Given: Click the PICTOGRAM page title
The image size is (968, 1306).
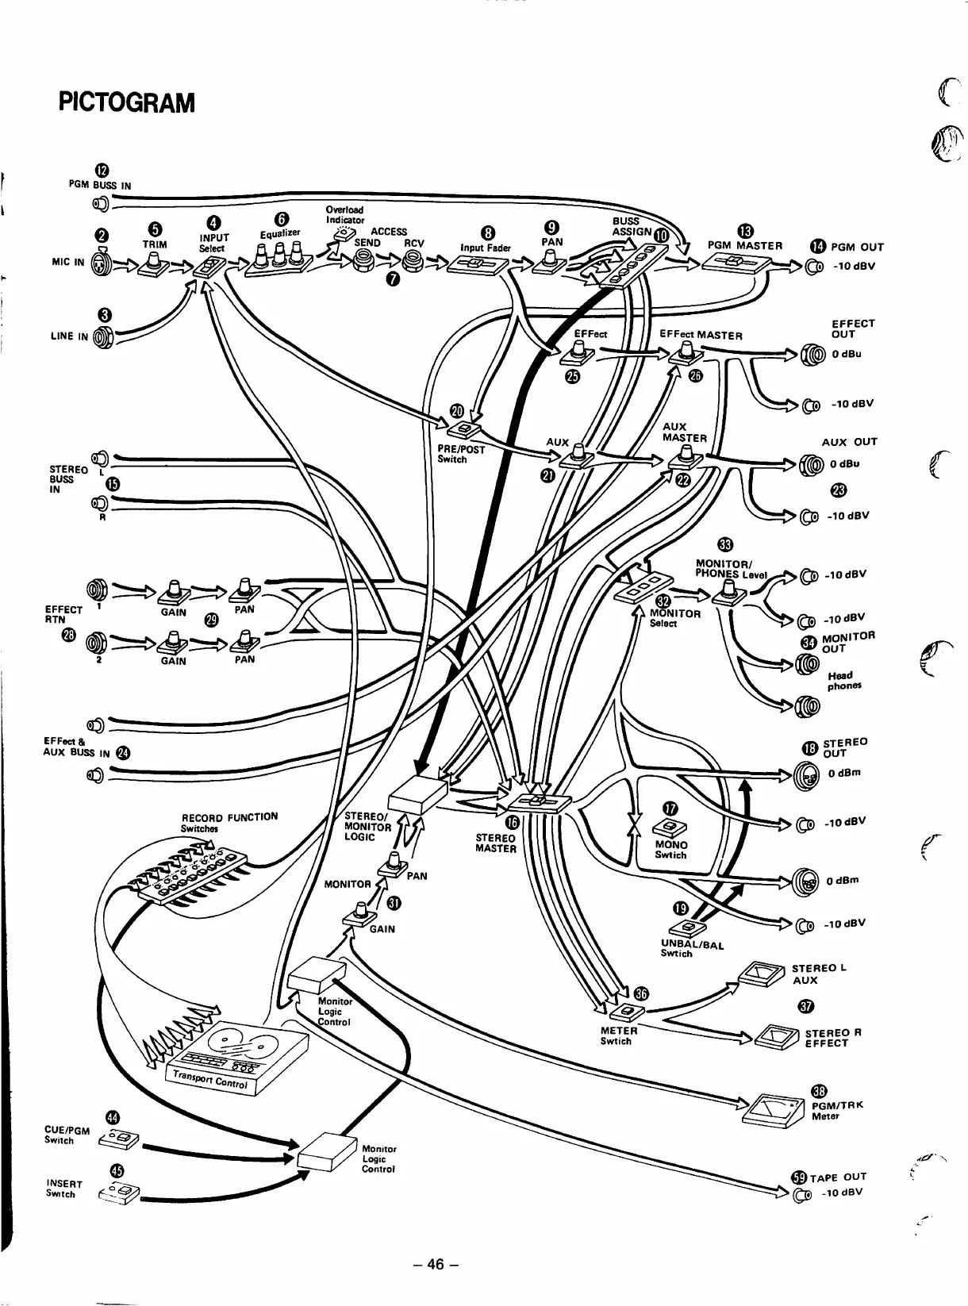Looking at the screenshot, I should pos(126,103).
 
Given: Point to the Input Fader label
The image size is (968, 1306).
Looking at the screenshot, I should pos(485,248).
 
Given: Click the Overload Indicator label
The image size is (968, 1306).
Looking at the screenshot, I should pos(345,214).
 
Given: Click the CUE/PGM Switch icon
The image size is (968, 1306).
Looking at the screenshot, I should pos(119,1141).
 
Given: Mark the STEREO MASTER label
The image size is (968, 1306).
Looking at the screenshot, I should pos(495,843).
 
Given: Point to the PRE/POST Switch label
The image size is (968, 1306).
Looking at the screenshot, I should pos(460,454).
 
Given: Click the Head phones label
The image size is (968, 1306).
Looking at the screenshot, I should pos(843,681).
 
